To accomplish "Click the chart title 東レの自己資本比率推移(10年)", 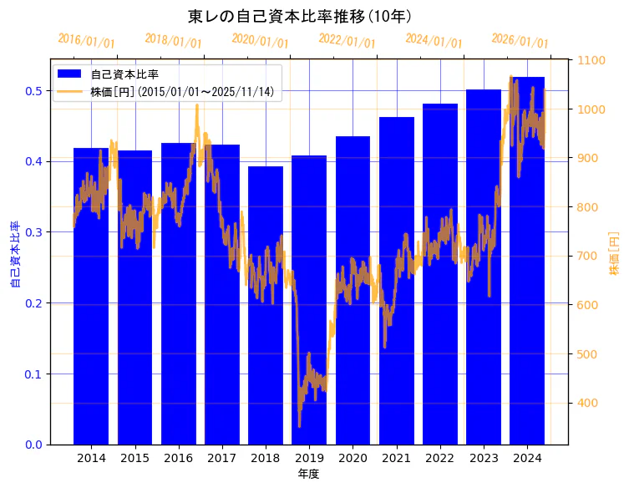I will click(300, 16).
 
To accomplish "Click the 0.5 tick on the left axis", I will click(34, 90).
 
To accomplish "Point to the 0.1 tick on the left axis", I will click(34, 374).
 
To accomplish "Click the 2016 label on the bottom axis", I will click(178, 458).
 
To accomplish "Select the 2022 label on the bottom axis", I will click(440, 458).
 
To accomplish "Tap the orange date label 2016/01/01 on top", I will click(86, 41).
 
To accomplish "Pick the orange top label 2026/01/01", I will click(520, 41).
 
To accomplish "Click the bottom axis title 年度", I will click(309, 474).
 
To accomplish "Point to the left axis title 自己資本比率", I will click(14, 254).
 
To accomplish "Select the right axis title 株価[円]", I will click(614, 254).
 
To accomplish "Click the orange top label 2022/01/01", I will click(347, 41).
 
